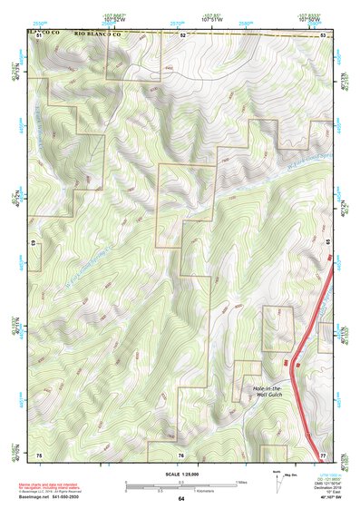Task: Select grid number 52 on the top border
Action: coord(182,34)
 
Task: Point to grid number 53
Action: coord(324,34)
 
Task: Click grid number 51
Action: coord(39,34)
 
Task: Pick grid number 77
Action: coord(324,454)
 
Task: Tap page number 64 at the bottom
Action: coord(180,499)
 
